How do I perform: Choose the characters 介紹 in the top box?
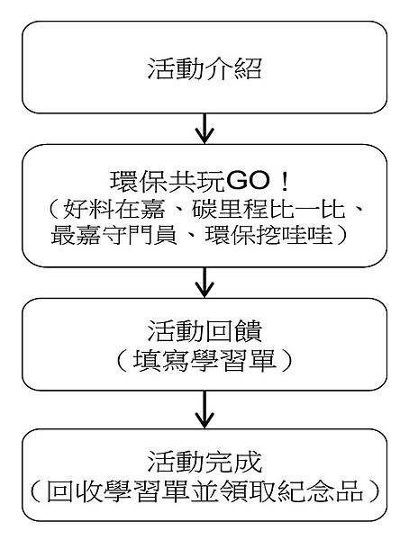pos(234,70)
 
